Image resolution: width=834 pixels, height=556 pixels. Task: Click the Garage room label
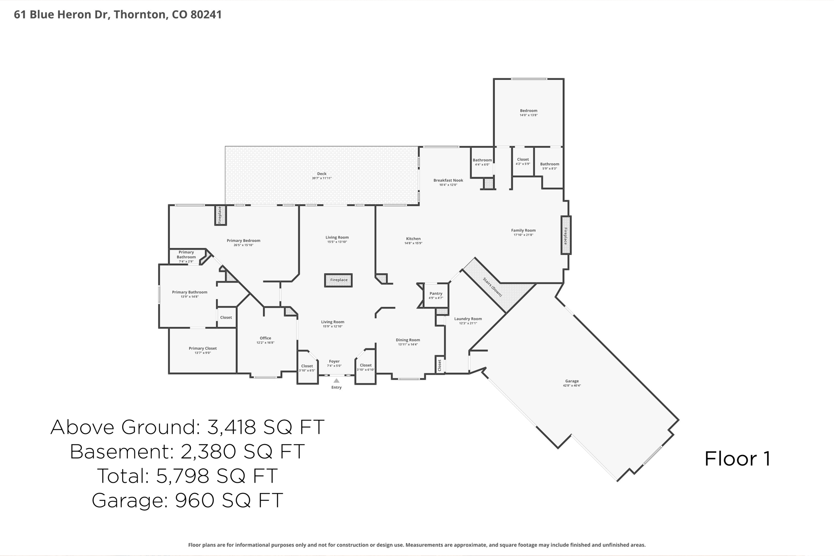coord(572,381)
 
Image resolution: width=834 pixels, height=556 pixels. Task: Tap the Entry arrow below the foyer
coord(336,381)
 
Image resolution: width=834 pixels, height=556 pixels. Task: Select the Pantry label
coord(436,293)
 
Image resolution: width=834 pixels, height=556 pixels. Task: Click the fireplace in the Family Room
coord(566,235)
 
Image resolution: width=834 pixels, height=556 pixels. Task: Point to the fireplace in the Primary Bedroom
coord(220,215)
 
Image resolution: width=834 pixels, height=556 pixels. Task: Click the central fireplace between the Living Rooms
coord(338,280)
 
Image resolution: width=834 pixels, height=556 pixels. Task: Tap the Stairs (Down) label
coord(492,287)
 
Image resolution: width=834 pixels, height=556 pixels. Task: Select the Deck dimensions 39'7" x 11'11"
coord(322,178)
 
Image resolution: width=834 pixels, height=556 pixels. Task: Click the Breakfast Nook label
coord(448,180)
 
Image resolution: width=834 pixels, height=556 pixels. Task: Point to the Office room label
coord(266,338)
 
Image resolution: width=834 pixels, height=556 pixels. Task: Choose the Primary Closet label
coord(202,348)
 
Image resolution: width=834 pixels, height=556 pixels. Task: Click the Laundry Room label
coord(468,319)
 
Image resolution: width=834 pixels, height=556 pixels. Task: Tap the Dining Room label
coord(408,340)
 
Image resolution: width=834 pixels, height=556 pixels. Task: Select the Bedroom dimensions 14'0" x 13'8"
coord(529,115)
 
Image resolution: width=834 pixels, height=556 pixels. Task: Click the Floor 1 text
coord(737,459)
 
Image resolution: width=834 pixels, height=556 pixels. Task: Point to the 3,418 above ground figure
coord(231,427)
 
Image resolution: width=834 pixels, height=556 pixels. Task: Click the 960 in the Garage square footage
coord(194,500)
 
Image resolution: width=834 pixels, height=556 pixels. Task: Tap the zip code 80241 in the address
coord(206,15)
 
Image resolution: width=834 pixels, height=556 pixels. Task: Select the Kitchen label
coord(413,239)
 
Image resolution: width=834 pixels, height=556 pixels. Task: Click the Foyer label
coord(334,361)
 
